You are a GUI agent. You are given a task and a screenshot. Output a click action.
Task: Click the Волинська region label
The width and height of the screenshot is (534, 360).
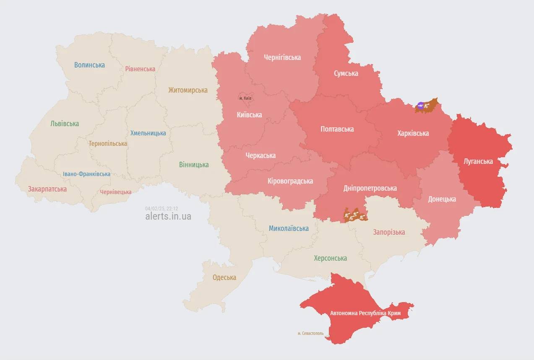point(89,65)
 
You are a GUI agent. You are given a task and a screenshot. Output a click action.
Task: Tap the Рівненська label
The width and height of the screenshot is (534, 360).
point(140,69)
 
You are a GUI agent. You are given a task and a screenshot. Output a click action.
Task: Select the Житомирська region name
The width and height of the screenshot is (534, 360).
point(188,90)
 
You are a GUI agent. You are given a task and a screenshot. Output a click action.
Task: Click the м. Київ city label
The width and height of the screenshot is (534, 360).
point(245,98)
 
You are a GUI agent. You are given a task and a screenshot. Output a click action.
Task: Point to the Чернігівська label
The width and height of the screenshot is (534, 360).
point(282,57)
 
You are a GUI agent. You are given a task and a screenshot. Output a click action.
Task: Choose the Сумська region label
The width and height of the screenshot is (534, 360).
point(346,73)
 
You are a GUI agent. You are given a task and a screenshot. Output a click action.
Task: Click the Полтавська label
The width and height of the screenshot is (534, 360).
point(337,129)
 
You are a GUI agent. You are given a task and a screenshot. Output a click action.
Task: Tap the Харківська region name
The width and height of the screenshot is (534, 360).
point(413,133)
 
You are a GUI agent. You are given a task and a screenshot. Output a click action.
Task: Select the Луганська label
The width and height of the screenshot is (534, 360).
point(478,161)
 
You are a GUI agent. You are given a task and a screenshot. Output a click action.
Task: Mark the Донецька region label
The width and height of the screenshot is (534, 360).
point(442,199)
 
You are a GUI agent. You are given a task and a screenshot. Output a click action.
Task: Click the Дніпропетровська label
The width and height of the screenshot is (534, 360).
point(370,188)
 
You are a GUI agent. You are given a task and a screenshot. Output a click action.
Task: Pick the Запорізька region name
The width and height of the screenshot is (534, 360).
point(389,232)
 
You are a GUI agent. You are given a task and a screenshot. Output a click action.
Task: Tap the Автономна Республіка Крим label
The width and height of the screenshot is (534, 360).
point(365,313)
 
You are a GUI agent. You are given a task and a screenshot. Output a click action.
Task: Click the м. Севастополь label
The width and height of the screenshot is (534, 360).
point(310,333)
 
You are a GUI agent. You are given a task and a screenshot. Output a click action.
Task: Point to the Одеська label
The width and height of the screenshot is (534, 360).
point(224,277)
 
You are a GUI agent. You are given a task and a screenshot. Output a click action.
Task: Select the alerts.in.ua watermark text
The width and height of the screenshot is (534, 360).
point(168,216)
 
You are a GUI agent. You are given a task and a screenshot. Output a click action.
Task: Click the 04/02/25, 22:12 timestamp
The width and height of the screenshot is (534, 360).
point(162,208)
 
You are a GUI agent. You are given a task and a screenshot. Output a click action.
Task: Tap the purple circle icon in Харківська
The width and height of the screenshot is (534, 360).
point(421,105)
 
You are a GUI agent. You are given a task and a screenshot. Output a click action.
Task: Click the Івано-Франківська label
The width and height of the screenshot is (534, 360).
point(86,174)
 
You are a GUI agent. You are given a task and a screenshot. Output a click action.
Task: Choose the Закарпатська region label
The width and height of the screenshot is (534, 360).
point(47,189)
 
